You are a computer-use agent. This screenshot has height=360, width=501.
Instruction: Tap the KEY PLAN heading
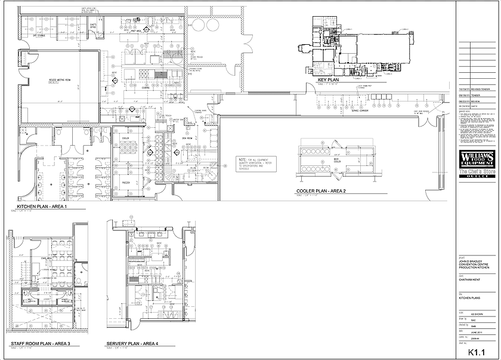click(x=329, y=79)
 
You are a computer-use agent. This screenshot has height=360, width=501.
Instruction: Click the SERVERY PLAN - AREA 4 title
click(x=132, y=344)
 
